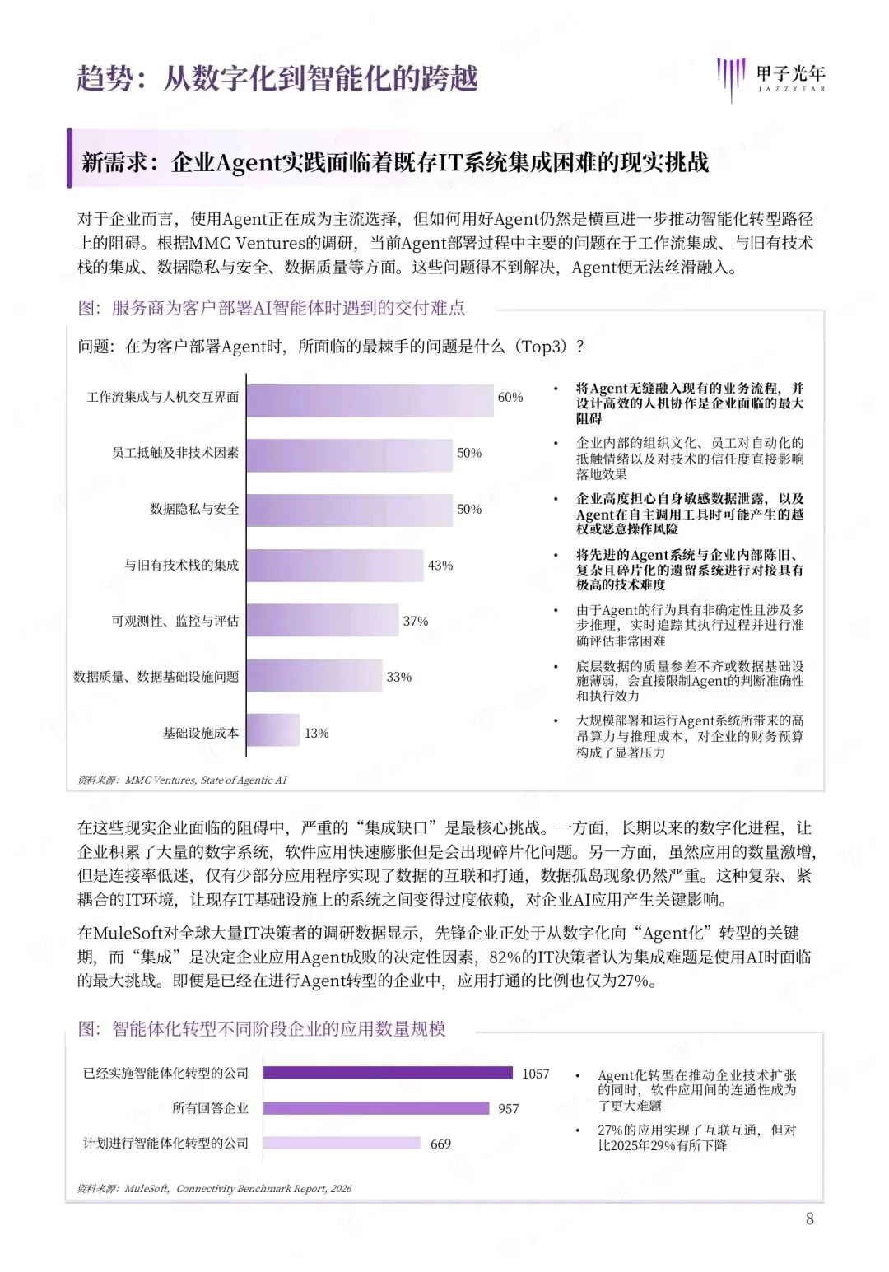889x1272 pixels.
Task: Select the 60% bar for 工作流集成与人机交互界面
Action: (x=370, y=400)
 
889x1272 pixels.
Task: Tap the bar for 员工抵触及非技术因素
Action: (x=349, y=455)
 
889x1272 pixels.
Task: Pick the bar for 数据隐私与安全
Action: (x=349, y=510)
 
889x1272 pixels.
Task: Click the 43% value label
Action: (x=440, y=566)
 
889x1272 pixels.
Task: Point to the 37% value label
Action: (x=416, y=622)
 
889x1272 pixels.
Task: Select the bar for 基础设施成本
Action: (x=273, y=731)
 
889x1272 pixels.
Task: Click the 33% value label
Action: (x=399, y=677)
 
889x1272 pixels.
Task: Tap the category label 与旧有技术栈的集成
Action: (x=181, y=566)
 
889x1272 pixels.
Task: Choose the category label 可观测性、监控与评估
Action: (x=175, y=622)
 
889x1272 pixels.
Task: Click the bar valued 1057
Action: (x=388, y=1073)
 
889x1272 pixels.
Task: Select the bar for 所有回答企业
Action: (x=376, y=1108)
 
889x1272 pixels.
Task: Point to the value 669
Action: (x=440, y=1144)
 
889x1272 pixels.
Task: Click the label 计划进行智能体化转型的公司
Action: (x=165, y=1144)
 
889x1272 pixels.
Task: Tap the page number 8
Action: (x=810, y=1218)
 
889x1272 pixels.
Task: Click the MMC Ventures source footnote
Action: (x=182, y=780)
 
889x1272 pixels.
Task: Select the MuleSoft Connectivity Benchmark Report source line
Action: (x=214, y=1188)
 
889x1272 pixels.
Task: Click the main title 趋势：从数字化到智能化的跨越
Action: (x=277, y=79)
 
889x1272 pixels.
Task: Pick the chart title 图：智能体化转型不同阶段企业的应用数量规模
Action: (x=262, y=1029)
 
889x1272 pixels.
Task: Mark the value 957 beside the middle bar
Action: (x=509, y=1109)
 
